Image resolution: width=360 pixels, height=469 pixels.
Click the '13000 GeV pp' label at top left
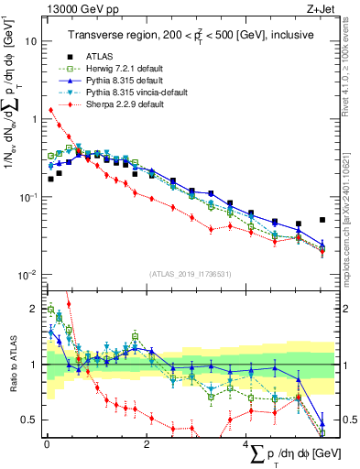point(76,8)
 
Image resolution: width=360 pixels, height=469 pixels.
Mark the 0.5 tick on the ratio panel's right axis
point(347,420)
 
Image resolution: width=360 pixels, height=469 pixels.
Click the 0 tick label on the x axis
point(47,444)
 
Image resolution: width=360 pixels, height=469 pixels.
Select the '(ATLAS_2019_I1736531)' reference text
point(189,274)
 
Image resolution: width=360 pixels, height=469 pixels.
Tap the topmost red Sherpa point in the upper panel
point(50,110)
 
